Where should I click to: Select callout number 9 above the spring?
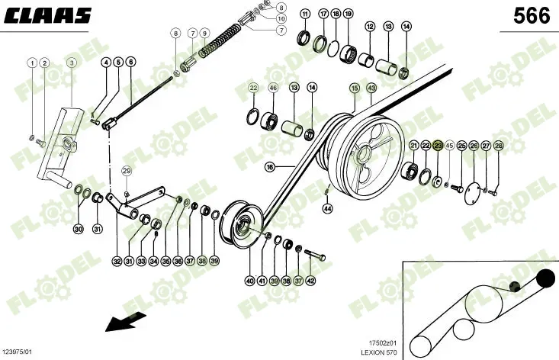click(204, 34)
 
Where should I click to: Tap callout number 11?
click(305, 14)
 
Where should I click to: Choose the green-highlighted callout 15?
click(355, 88)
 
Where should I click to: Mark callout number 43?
click(371, 88)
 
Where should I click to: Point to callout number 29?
click(127, 170)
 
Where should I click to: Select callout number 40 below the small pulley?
click(249, 281)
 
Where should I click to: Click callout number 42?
click(310, 281)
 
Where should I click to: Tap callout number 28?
click(499, 145)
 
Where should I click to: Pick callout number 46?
click(273, 88)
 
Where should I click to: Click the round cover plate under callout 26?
click(476, 190)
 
